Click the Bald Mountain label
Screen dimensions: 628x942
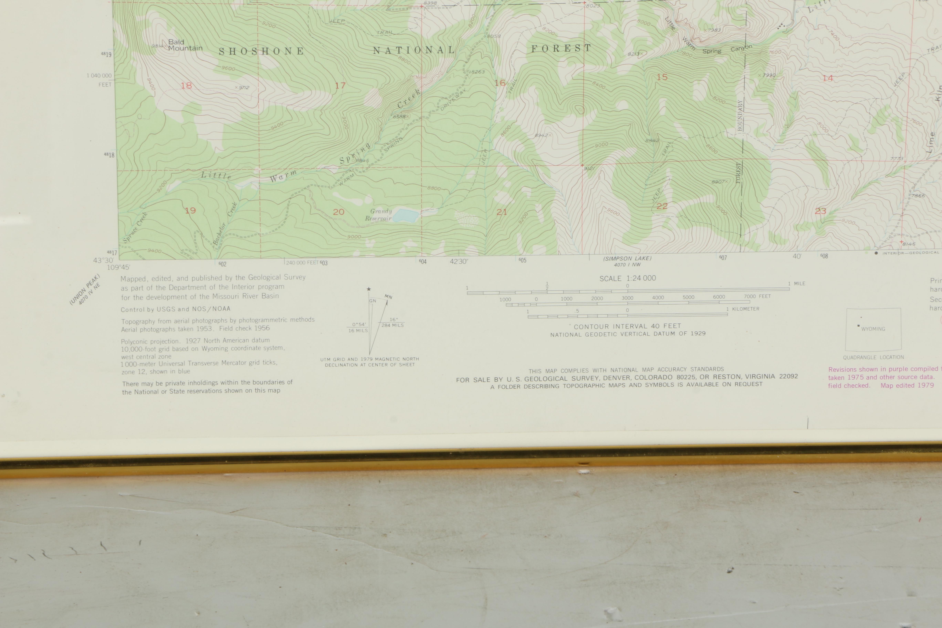pyautogui.click(x=185, y=45)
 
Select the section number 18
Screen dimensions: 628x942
pyautogui.click(x=186, y=85)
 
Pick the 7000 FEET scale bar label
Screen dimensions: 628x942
pyautogui.click(x=757, y=296)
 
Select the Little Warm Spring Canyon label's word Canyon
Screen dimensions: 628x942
pyautogui.click(x=741, y=48)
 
